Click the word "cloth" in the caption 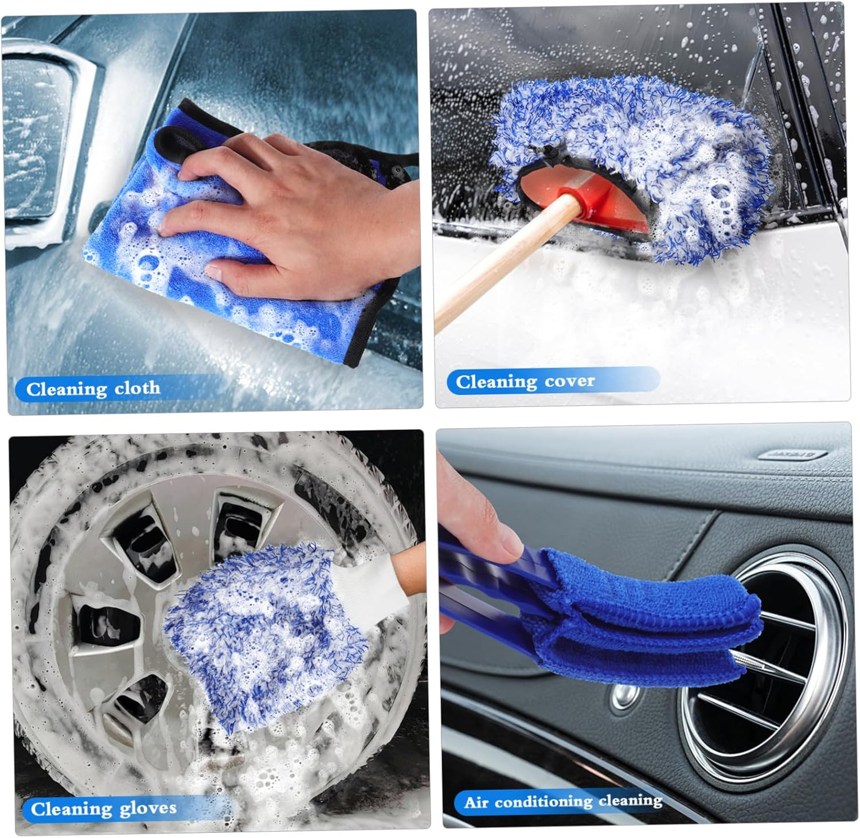[137, 388]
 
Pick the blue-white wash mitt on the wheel [264, 631]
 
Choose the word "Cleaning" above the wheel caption [64, 809]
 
